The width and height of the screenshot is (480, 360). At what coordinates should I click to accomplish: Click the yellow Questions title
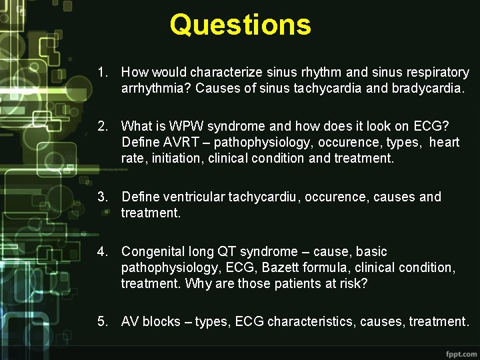pyautogui.click(x=240, y=25)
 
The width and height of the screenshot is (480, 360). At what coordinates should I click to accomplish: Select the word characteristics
pyautogui.click(x=311, y=321)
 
